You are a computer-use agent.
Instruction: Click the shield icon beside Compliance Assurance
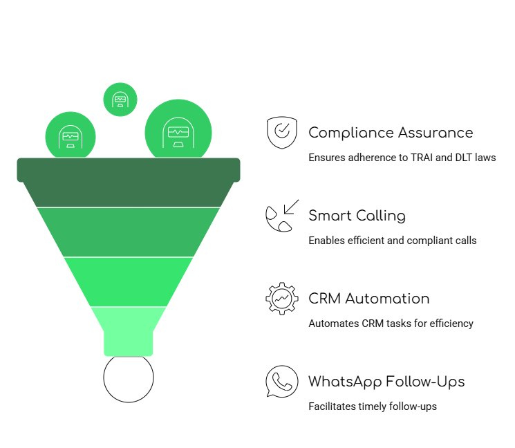point(281,133)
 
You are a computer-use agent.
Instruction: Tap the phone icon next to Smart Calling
point(281,216)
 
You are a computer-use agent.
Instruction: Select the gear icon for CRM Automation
point(281,299)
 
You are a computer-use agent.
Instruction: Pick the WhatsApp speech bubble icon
point(281,382)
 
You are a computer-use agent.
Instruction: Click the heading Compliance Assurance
point(391,133)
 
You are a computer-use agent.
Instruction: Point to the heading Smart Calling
point(357,216)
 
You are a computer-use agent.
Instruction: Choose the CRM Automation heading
point(368,299)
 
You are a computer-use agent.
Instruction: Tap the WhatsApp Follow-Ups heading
point(386,382)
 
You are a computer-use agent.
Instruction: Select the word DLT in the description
point(462,158)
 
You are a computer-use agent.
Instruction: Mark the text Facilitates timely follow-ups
point(373,407)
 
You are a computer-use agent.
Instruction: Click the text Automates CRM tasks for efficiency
point(391,324)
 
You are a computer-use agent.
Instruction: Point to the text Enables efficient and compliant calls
point(392,241)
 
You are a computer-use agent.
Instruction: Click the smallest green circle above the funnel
point(120,100)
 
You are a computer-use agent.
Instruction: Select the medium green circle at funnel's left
point(71,136)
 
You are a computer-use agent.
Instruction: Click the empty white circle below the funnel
point(129,378)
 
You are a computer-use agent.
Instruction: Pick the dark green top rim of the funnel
point(129,170)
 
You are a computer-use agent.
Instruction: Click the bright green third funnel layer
point(129,281)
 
